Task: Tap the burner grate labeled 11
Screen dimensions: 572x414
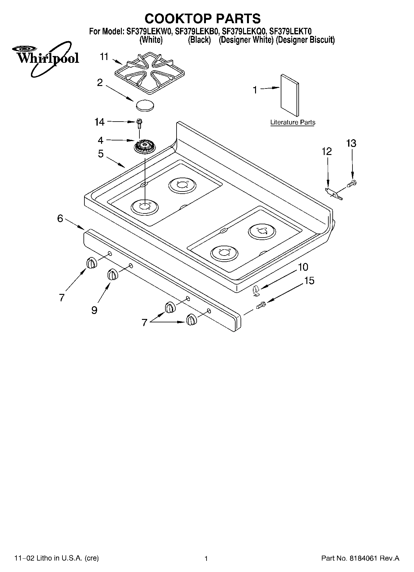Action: [x=150, y=73]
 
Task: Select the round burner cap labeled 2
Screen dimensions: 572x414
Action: [x=144, y=105]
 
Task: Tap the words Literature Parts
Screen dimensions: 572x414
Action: [x=292, y=122]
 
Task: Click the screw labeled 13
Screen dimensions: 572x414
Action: [x=352, y=184]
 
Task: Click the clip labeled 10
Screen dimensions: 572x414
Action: [x=255, y=290]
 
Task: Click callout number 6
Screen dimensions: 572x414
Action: [x=60, y=218]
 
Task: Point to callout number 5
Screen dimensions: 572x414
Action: [x=101, y=154]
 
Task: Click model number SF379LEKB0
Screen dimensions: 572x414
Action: [x=197, y=31]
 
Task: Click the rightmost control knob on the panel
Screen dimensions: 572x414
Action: [x=191, y=319]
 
